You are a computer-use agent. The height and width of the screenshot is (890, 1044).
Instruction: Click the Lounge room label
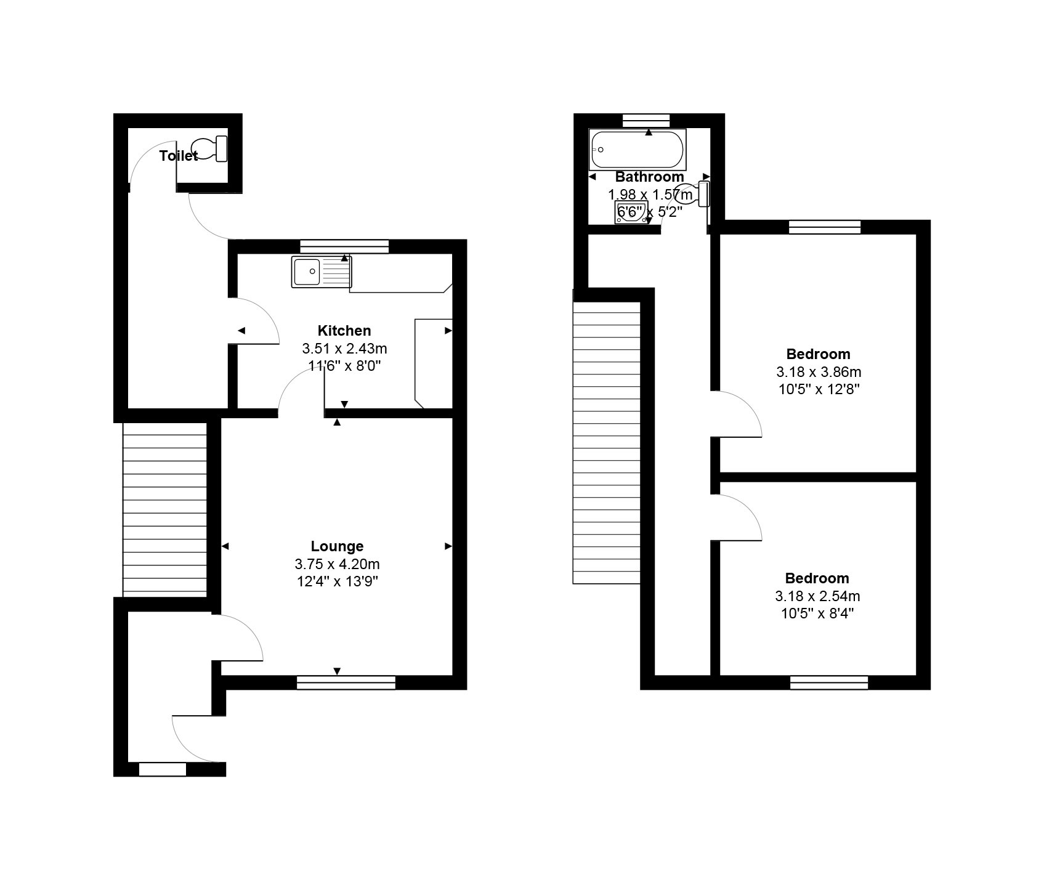click(337, 546)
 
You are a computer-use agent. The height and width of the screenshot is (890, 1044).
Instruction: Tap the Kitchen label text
click(344, 331)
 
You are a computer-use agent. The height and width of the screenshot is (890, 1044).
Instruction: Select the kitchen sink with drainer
click(322, 272)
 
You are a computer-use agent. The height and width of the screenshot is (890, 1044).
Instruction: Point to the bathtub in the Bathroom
click(637, 150)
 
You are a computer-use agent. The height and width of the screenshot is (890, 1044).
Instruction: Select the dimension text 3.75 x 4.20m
click(337, 564)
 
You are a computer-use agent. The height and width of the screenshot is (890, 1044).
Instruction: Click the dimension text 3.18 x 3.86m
click(818, 372)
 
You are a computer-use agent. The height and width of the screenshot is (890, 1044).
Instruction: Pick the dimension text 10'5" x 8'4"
click(817, 613)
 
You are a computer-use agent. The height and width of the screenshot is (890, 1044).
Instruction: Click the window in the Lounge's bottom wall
click(346, 682)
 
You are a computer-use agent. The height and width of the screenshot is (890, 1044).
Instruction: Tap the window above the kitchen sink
click(344, 246)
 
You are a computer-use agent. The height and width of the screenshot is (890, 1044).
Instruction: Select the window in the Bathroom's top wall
click(645, 120)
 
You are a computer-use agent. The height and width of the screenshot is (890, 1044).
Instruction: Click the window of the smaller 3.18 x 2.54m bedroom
click(828, 682)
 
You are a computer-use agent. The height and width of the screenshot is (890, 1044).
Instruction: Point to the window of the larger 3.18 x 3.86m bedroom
click(824, 227)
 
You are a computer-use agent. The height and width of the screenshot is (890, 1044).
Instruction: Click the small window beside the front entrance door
click(162, 769)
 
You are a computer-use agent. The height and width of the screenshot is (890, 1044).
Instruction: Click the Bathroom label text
click(649, 177)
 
